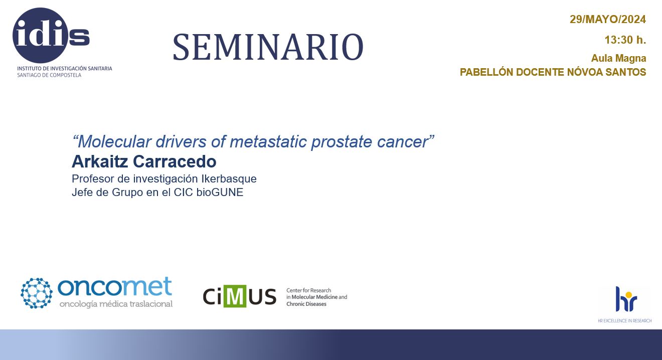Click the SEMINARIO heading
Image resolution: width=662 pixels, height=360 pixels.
(x=268, y=47)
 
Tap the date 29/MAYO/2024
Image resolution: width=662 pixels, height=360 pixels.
(x=608, y=20)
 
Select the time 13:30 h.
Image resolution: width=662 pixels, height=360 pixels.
(x=625, y=40)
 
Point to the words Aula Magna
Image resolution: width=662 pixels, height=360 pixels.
(x=618, y=58)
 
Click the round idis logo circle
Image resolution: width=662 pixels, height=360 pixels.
(x=40, y=36)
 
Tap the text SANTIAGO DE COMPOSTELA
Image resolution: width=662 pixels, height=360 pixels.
(x=49, y=75)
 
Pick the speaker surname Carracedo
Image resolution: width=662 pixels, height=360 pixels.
(x=175, y=161)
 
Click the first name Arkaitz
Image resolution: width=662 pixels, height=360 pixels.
(x=100, y=161)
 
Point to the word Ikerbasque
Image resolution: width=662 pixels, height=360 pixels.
(x=229, y=179)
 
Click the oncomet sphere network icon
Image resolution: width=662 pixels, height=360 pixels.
(x=37, y=293)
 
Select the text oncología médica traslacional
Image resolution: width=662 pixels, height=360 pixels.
(x=116, y=304)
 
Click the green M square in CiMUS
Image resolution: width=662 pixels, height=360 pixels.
(x=235, y=296)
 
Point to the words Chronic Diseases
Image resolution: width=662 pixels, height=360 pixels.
(x=306, y=304)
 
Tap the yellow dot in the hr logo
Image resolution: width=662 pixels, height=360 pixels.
(x=628, y=295)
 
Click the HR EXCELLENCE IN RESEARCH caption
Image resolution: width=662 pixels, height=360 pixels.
(x=625, y=321)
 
